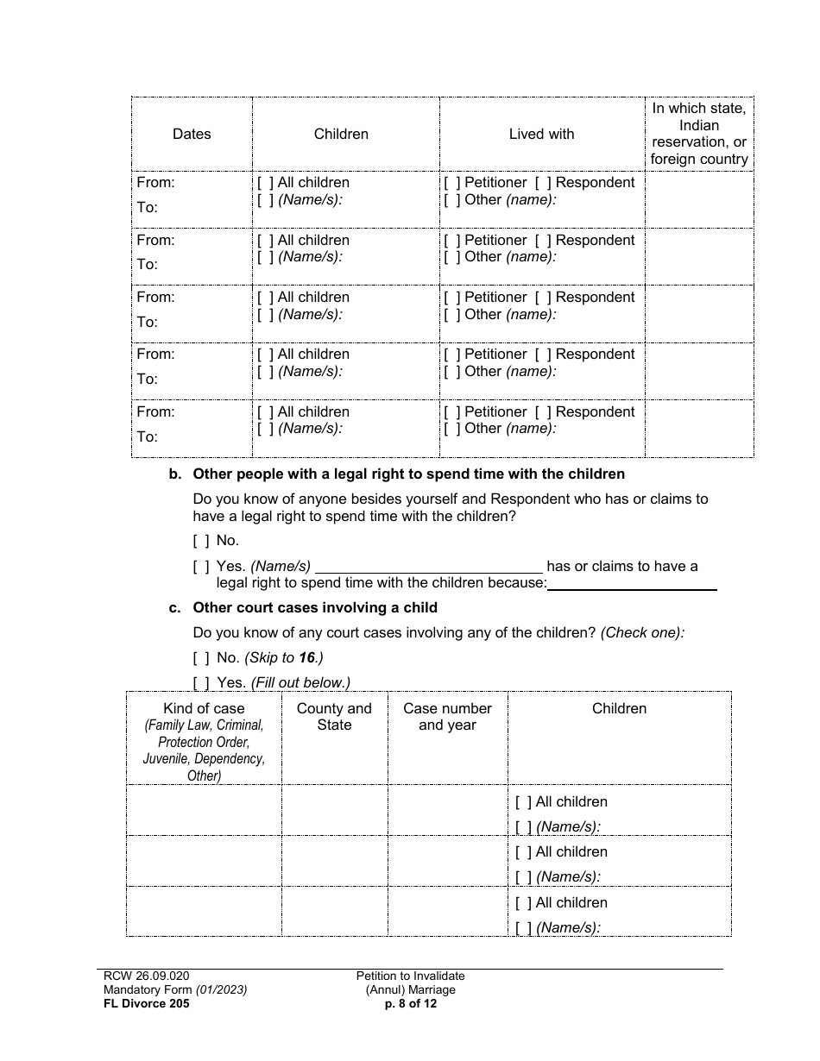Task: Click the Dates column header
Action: click(192, 134)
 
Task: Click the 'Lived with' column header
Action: click(541, 134)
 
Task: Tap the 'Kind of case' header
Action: click(204, 708)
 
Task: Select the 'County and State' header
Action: click(334, 717)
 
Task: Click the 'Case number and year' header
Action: click(447, 717)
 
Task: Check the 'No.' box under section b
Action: click(201, 541)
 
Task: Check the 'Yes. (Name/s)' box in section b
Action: click(201, 567)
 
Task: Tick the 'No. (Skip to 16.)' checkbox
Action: click(201, 658)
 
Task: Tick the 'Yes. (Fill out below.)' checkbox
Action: click(201, 682)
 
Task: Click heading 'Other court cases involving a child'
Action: click(315, 608)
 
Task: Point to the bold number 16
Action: click(307, 658)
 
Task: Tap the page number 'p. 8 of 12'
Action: click(410, 1003)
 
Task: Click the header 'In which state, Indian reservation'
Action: click(699, 134)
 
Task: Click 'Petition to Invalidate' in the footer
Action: click(410, 976)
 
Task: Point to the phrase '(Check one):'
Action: click(642, 633)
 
